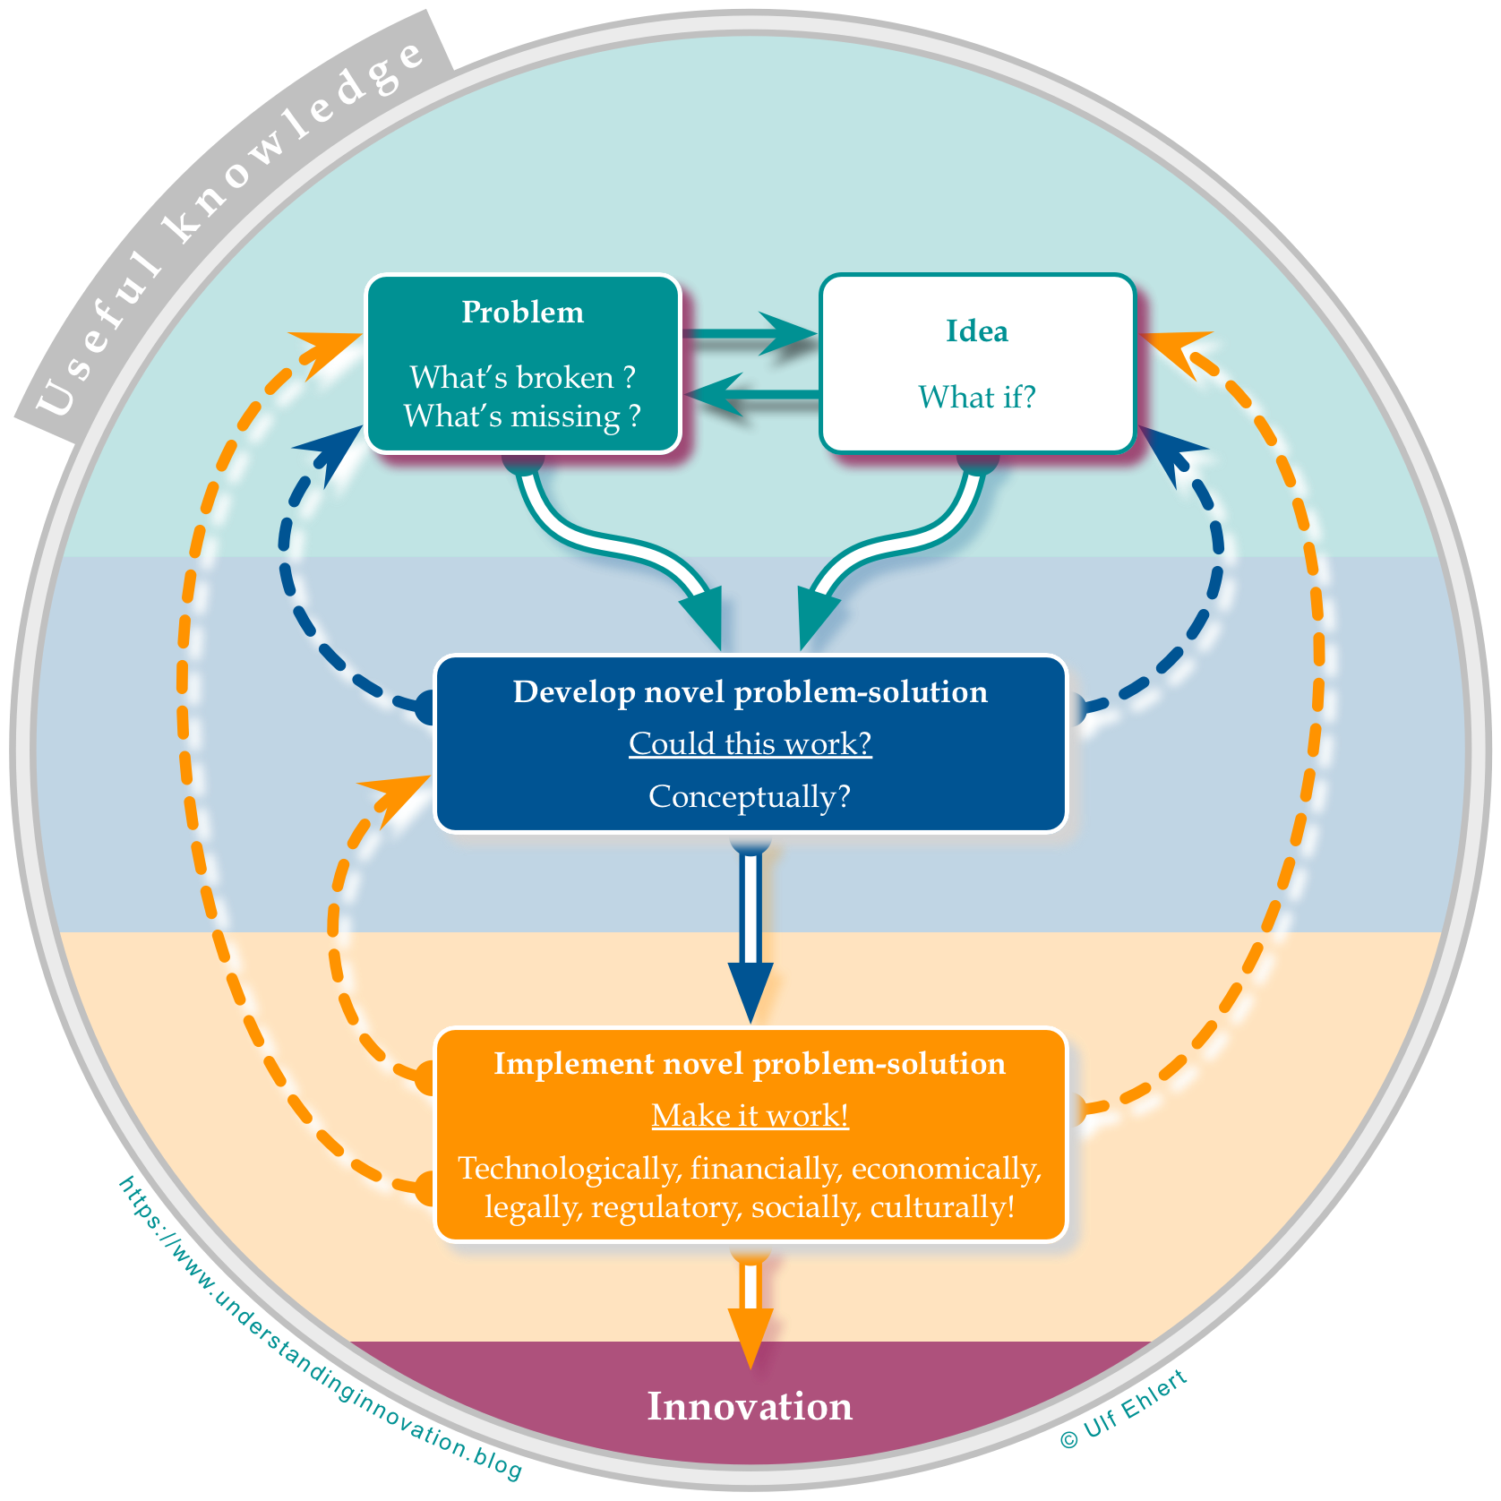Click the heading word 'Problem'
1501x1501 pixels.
(522, 313)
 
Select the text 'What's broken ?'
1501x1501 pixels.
(522, 377)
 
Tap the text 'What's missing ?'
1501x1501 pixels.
(522, 416)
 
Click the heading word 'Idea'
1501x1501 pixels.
(977, 331)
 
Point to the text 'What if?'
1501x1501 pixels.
(977, 397)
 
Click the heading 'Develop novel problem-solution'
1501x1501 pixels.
(750, 692)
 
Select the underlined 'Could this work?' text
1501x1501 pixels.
(750, 744)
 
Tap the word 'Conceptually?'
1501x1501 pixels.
(750, 796)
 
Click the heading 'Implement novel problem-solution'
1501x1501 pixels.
(750, 1064)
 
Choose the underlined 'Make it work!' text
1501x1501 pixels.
(750, 1116)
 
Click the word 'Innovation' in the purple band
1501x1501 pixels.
(750, 1406)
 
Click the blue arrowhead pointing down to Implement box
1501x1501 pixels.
(750, 991)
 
